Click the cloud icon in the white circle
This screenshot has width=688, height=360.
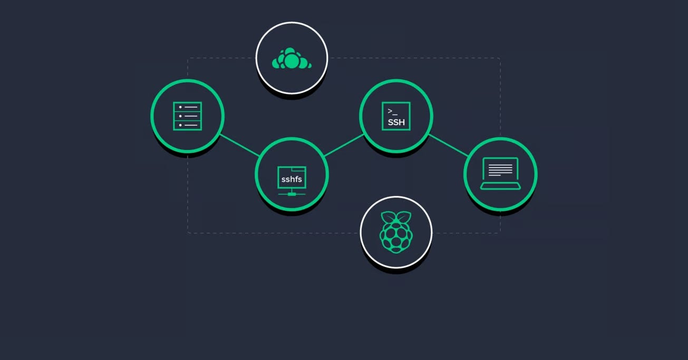click(x=292, y=59)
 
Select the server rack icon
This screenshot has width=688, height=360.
click(x=187, y=116)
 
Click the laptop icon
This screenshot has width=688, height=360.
click(x=500, y=173)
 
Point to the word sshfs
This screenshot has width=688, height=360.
click(x=292, y=179)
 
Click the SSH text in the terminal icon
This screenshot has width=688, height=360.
click(x=396, y=122)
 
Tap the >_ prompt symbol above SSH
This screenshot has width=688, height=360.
click(x=392, y=111)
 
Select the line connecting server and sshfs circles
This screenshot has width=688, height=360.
click(x=240, y=145)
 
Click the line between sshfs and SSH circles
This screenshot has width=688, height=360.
click(x=344, y=145)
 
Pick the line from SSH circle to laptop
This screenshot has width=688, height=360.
click(x=448, y=145)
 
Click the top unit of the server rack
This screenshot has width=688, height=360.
click(x=187, y=107)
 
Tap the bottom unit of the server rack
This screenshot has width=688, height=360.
click(x=187, y=125)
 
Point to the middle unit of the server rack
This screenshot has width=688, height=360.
click(x=187, y=116)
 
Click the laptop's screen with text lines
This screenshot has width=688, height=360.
click(x=500, y=169)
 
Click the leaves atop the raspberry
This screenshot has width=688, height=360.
click(x=396, y=217)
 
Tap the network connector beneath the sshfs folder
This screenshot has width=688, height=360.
click(x=292, y=194)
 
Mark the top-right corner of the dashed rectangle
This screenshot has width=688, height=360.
click(x=499, y=59)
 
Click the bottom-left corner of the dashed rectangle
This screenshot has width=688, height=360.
click(x=188, y=232)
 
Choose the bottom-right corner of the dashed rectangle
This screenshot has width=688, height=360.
click(x=499, y=232)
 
